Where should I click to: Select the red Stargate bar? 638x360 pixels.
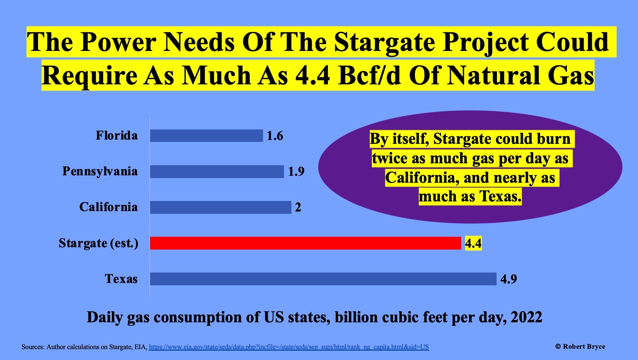tap(305, 243)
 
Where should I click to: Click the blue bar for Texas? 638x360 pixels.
tap(323, 279)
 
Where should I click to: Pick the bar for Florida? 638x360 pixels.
tap(206, 136)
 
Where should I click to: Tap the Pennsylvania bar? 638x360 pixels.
tap(217, 171)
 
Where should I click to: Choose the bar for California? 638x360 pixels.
tap(220, 207)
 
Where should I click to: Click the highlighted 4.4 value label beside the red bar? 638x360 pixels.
tap(473, 243)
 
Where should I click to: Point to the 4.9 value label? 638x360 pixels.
tap(509, 279)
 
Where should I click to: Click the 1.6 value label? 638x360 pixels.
tap(275, 136)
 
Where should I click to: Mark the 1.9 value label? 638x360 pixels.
tap(296, 171)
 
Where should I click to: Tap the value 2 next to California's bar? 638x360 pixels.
tap(298, 207)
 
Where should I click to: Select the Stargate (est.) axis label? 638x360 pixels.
tap(98, 243)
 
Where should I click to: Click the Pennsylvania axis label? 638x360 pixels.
tap(100, 171)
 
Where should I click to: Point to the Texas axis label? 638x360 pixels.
tap(121, 279)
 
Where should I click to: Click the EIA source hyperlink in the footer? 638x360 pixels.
tap(289, 347)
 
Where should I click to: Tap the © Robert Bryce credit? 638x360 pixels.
tap(580, 346)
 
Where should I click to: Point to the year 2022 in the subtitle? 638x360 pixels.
tap(526, 317)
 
